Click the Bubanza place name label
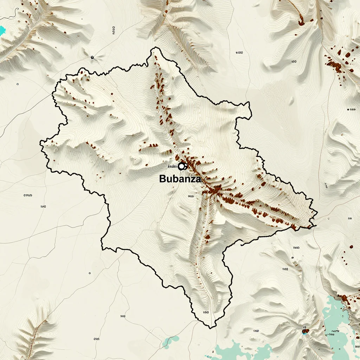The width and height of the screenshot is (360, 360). click(x=180, y=179)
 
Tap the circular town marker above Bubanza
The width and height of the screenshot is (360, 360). click(x=182, y=166)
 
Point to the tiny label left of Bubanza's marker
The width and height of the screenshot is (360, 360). click(x=173, y=166)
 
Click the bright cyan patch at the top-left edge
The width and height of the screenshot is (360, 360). click(x=2, y=30)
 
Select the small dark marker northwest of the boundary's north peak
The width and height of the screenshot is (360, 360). click(x=92, y=57)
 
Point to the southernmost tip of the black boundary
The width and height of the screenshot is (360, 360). click(x=210, y=328)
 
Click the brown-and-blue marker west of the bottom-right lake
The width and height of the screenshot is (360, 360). click(x=304, y=330)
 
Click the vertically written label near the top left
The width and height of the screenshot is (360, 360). click(x=114, y=31)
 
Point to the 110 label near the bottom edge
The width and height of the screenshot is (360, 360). click(x=256, y=331)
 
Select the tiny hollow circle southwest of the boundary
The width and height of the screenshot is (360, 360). click(x=90, y=273)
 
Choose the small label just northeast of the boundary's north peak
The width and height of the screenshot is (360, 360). click(x=239, y=53)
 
